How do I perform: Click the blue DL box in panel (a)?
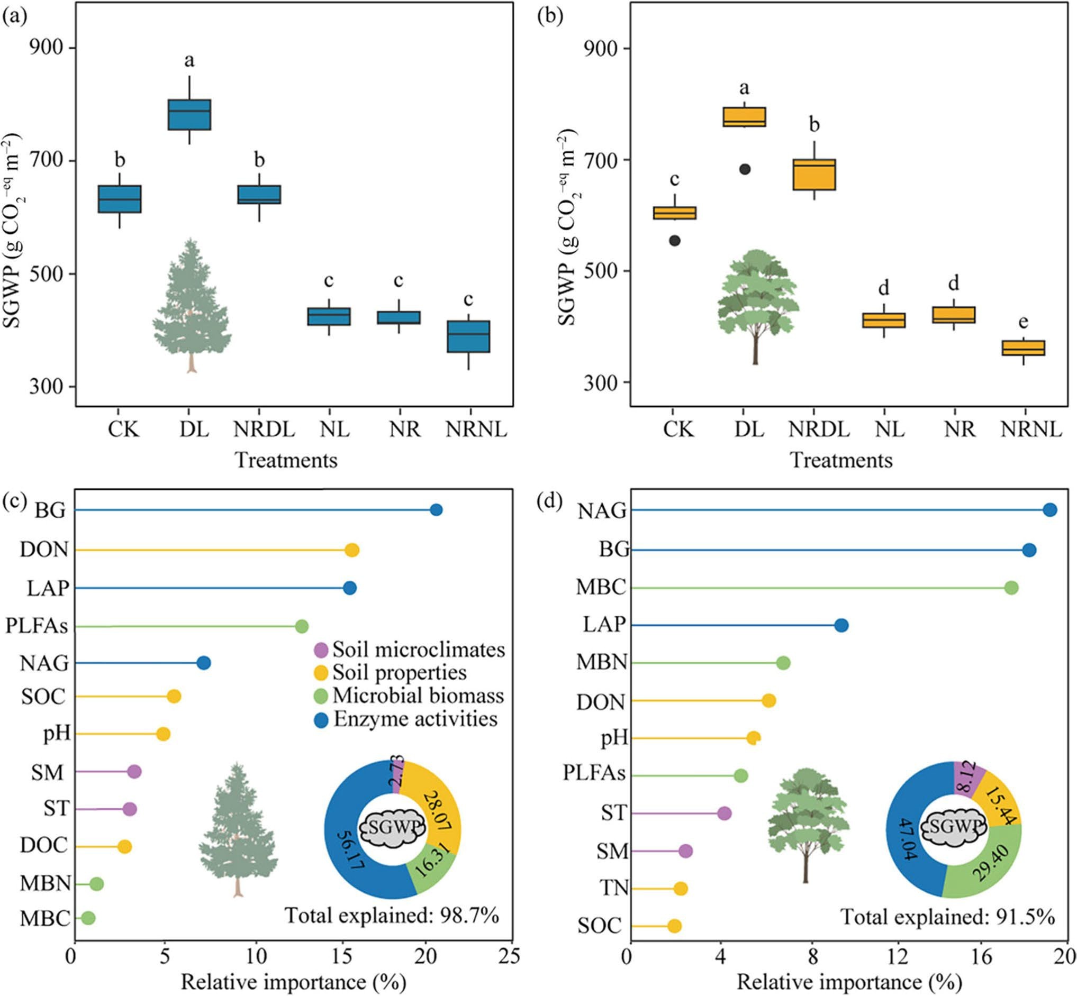point(189,114)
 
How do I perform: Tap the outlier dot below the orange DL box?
point(745,169)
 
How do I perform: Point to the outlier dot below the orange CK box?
point(675,241)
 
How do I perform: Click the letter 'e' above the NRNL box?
point(1022,322)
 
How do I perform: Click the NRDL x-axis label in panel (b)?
point(819,430)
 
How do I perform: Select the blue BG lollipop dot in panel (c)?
point(436,510)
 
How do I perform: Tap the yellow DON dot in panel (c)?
point(352,550)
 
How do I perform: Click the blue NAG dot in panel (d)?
point(1049,510)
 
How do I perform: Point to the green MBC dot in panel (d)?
point(1011,588)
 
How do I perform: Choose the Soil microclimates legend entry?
point(410,650)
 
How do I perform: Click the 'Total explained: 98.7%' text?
point(392,915)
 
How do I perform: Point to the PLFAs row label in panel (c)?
point(37,626)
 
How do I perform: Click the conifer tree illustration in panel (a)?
point(192,305)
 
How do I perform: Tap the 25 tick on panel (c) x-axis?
point(510,956)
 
